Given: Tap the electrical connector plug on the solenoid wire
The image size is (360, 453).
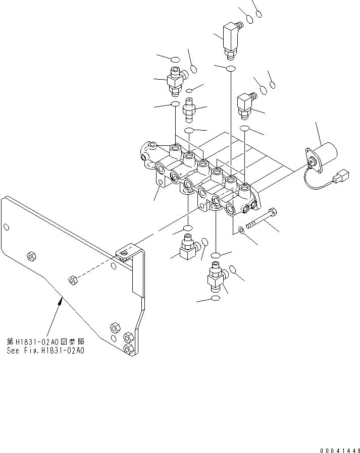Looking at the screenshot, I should [341, 178].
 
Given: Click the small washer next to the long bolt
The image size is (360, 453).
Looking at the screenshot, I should [242, 231].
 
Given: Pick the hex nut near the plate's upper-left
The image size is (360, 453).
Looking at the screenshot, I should [31, 256].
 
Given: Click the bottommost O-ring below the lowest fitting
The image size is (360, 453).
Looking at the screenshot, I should [215, 299].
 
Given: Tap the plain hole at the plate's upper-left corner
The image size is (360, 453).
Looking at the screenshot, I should [8, 228].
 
